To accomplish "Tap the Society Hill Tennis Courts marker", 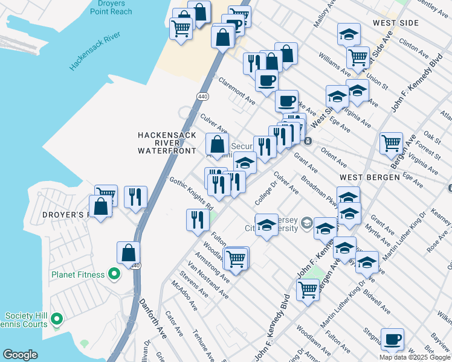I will pos(57,319).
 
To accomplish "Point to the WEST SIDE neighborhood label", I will pos(396,23).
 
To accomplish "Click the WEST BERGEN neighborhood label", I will pos(369,177).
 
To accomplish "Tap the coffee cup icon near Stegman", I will pos(392,338).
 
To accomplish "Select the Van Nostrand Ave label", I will pos(207,281).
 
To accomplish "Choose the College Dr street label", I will pos(265,193).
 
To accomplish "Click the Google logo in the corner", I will pos(20,355).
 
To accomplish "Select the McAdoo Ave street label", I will pos(184,296).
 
